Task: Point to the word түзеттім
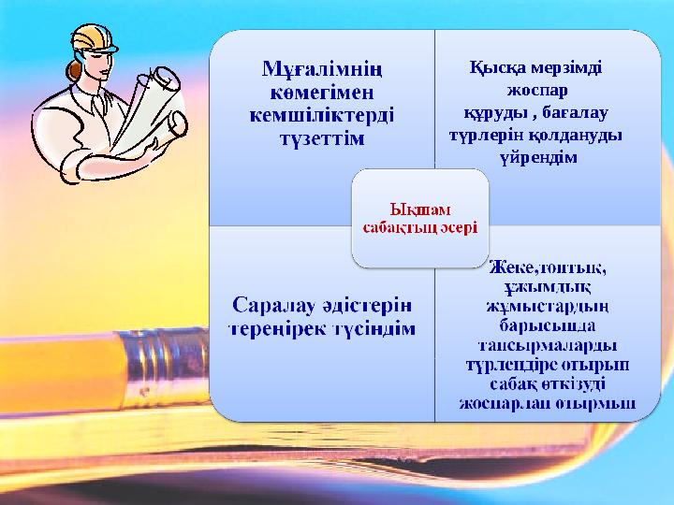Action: point(322,138)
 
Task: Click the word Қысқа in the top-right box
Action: point(497,67)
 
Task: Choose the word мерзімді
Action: point(567,67)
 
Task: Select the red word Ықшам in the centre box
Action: point(418,208)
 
